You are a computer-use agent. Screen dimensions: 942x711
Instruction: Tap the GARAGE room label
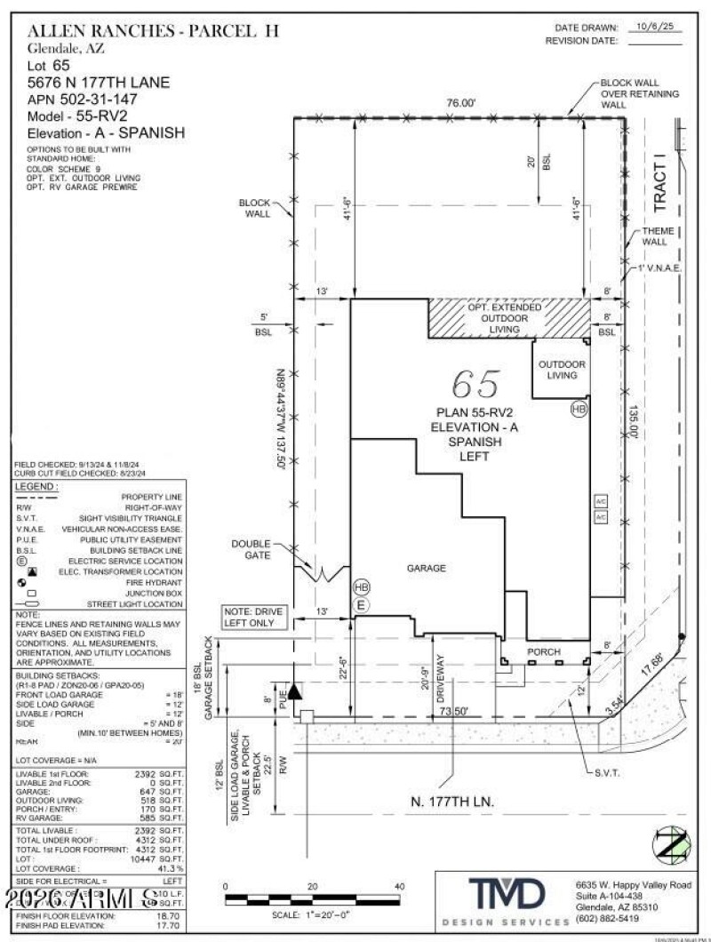click(427, 568)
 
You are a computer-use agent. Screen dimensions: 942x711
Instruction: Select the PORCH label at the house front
click(543, 651)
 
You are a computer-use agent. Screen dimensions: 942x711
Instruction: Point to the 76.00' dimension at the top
click(461, 104)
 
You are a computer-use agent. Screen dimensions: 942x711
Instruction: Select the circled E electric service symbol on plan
click(361, 604)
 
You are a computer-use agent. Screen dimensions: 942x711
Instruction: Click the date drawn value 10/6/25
click(653, 28)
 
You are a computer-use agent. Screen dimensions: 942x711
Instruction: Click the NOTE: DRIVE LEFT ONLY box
click(257, 618)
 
